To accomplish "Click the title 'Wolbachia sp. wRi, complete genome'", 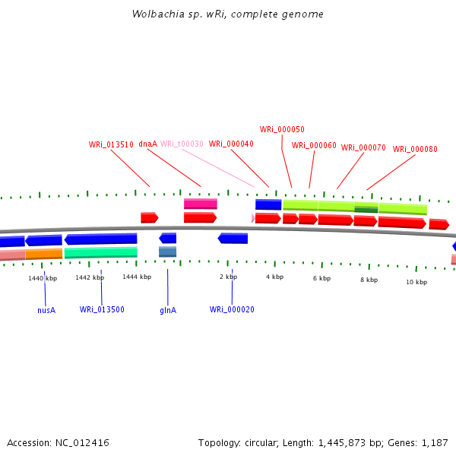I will click(227, 14).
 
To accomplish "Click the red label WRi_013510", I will click(111, 144).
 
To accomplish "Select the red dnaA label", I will click(147, 144).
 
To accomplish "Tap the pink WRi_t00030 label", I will click(182, 144).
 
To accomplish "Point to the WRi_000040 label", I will click(231, 144).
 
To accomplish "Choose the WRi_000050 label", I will click(282, 129).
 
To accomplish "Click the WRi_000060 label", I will click(314, 145).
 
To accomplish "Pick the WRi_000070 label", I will click(363, 147).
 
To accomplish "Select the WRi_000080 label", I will click(415, 149).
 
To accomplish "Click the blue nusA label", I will click(46, 310).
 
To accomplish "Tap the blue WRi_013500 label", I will click(102, 309).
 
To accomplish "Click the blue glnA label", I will click(168, 310).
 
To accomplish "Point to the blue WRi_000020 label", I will click(232, 309).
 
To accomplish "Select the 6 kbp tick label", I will click(321, 278).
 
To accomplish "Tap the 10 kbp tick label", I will click(416, 282).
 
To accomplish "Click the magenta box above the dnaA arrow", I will click(201, 204).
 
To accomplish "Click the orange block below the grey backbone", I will click(43, 254).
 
